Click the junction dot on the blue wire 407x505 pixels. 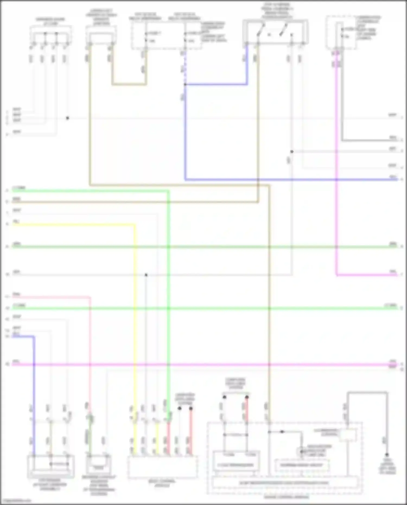[185, 84]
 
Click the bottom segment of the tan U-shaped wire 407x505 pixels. [129, 84]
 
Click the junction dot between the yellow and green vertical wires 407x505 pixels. [146, 275]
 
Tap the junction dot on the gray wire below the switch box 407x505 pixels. [292, 152]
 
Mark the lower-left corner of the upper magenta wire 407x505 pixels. [337, 275]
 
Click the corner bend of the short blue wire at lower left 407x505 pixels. [34, 337]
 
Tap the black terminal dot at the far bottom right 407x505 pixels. [387, 455]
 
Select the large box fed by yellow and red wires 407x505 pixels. [163, 467]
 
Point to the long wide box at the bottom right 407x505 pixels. [284, 483]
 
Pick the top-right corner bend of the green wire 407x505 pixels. [168, 191]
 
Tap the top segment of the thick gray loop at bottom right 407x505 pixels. [367, 392]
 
